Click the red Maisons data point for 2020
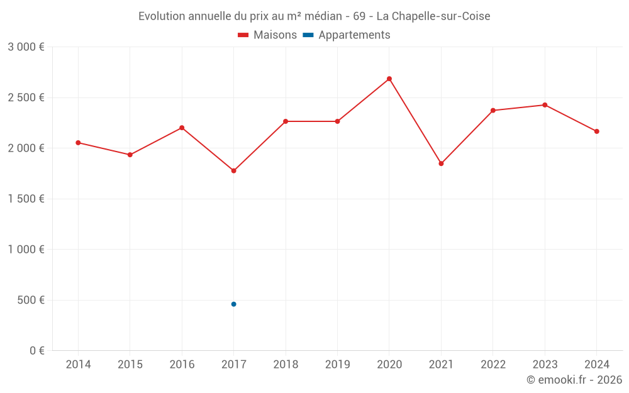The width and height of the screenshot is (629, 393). pos(389,79)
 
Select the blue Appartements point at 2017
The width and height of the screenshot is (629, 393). pos(233,304)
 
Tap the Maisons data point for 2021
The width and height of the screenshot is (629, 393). pos(441,163)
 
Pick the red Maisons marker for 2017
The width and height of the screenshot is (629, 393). pos(233,170)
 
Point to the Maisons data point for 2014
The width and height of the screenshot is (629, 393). pos(78,143)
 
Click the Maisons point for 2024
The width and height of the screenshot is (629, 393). pos(596,131)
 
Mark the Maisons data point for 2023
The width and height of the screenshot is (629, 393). pos(545,105)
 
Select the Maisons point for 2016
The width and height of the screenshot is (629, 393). pos(182,128)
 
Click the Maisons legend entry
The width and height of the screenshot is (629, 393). pos(267,35)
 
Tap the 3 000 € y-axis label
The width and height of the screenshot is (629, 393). pos(26,47)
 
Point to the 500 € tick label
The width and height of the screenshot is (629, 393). pos(30,300)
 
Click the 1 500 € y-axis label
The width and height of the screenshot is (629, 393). pos(26,199)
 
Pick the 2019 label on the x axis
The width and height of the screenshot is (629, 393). pos(337,365)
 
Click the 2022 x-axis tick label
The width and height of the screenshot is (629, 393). pos(493,365)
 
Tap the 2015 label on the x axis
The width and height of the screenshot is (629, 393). pos(130,365)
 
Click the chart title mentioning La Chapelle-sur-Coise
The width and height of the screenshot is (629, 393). pos(314,16)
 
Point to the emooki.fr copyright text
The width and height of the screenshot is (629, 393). pos(574,380)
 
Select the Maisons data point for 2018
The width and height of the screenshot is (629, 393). pos(286,121)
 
